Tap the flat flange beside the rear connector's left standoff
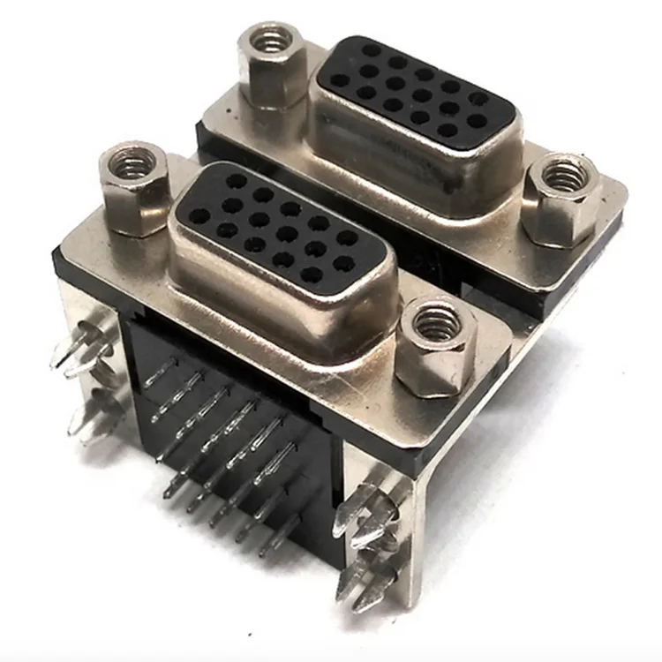click(221, 110)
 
